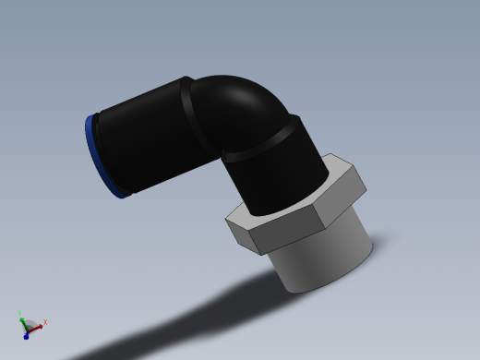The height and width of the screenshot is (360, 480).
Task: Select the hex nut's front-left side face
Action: tap(245, 235)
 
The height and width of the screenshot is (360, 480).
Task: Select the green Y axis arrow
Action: tap(22, 320)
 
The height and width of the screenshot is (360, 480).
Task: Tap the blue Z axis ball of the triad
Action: tap(26, 336)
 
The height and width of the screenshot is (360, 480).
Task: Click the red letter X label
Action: tap(45, 322)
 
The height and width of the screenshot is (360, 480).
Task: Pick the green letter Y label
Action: tap(19, 313)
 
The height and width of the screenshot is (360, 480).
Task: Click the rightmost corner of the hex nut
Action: tap(366, 192)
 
